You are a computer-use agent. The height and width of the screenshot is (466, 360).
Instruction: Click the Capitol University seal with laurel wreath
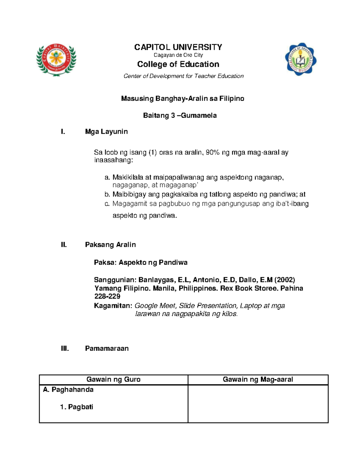pyautogui.click(x=56, y=59)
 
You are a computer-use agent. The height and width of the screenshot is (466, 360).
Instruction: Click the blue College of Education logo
pyautogui.click(x=300, y=59)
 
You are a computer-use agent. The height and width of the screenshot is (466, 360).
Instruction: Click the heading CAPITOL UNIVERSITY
pyautogui.click(x=178, y=47)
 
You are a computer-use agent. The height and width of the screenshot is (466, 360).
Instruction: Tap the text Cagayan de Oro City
pyautogui.click(x=178, y=55)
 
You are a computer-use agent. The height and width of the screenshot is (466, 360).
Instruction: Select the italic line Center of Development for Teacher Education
pyautogui.click(x=183, y=76)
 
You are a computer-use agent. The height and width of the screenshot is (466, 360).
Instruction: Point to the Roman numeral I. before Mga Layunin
pyautogui.click(x=63, y=132)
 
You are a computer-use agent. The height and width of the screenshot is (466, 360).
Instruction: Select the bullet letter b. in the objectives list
pyautogui.click(x=107, y=194)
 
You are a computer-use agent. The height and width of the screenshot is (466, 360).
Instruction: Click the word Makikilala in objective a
pyautogui.click(x=128, y=177)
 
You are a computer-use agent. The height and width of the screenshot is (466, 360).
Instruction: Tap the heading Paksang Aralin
pyautogui.click(x=110, y=245)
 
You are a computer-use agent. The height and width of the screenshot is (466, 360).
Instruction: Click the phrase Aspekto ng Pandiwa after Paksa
pyautogui.click(x=153, y=263)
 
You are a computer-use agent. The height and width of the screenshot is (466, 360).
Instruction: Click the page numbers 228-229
pyautogui.click(x=107, y=296)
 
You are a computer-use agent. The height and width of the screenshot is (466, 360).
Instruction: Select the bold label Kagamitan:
pyautogui.click(x=113, y=306)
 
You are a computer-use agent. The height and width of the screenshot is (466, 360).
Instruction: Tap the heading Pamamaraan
pyautogui.click(x=107, y=348)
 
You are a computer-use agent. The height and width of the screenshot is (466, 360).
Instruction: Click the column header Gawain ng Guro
pyautogui.click(x=113, y=379)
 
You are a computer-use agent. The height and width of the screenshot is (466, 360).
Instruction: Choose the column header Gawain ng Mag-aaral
pyautogui.click(x=258, y=379)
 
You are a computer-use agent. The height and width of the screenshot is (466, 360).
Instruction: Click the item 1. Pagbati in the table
pyautogui.click(x=77, y=407)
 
